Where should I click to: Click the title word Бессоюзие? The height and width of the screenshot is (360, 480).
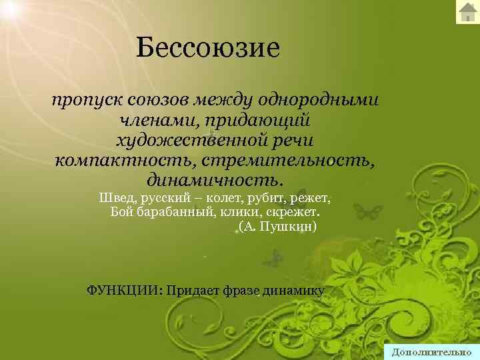coord(206,48)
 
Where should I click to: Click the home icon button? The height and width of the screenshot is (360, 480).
coord(467,12)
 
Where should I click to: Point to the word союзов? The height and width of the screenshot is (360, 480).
coord(153,101)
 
